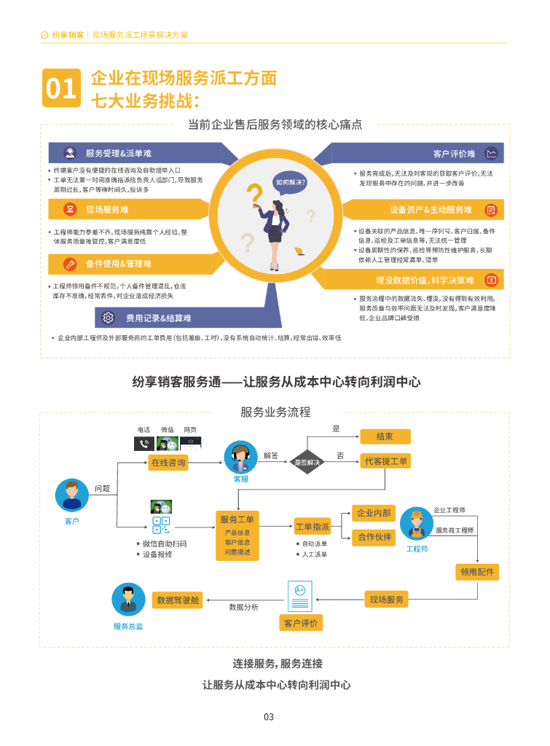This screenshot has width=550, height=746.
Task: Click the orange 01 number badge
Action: pyautogui.click(x=61, y=88)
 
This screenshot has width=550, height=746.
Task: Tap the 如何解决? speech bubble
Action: pyautogui.click(x=290, y=182)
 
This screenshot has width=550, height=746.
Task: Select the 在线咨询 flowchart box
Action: pyautogui.click(x=168, y=463)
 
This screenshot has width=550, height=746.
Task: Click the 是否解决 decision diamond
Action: pyautogui.click(x=307, y=462)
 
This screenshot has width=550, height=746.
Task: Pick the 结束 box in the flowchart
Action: pyautogui.click(x=385, y=436)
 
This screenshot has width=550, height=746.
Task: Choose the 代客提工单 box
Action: pyautogui.click(x=386, y=461)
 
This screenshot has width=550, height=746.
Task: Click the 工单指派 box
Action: pyautogui.click(x=313, y=526)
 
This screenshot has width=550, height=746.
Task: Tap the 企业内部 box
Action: pyautogui.click(x=374, y=514)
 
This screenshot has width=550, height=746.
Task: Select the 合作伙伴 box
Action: pyautogui.click(x=374, y=538)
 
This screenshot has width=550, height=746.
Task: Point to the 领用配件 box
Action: pyautogui.click(x=477, y=572)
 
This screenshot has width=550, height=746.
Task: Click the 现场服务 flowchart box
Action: pyautogui.click(x=386, y=600)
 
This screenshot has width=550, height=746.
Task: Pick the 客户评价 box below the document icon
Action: pyautogui.click(x=301, y=623)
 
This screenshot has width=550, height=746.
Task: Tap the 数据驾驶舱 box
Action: pyautogui.click(x=178, y=600)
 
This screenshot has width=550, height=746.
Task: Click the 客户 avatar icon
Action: pyautogui.click(x=71, y=495)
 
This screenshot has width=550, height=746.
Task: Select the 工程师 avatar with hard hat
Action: pyautogui.click(x=417, y=524)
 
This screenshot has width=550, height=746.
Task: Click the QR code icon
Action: pyautogui.click(x=161, y=526)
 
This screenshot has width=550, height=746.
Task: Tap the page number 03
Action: pyautogui.click(x=269, y=717)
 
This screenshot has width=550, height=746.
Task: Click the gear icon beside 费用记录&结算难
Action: pyautogui.click(x=109, y=318)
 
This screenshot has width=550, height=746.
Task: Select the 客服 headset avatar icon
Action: pyautogui.click(x=240, y=458)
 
